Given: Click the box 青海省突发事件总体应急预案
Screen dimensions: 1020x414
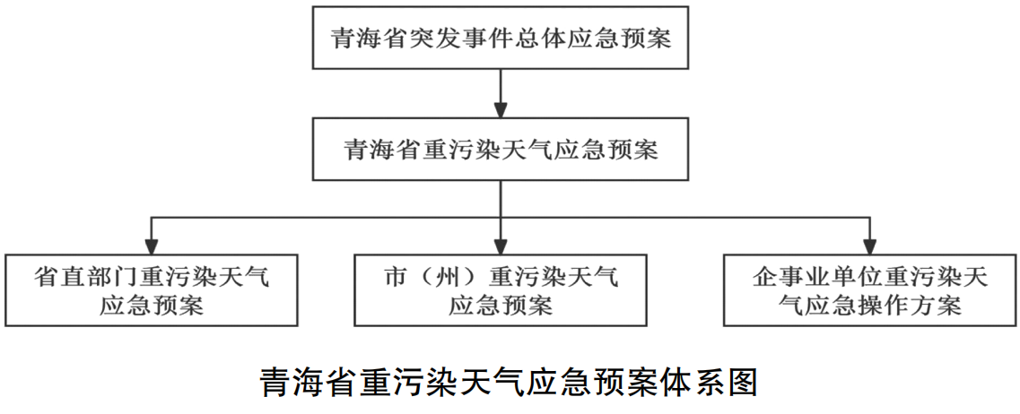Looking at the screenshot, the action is coord(501,38).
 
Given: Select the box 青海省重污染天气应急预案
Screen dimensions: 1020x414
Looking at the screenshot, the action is coord(501,149).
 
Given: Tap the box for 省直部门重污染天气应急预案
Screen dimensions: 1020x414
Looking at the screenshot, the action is coord(153,289).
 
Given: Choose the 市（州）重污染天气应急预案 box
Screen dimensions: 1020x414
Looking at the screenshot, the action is coord(501,289).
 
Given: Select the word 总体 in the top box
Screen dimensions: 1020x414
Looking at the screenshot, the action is coord(541,39).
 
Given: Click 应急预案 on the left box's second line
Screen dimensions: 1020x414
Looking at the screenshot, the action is coord(153,304).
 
